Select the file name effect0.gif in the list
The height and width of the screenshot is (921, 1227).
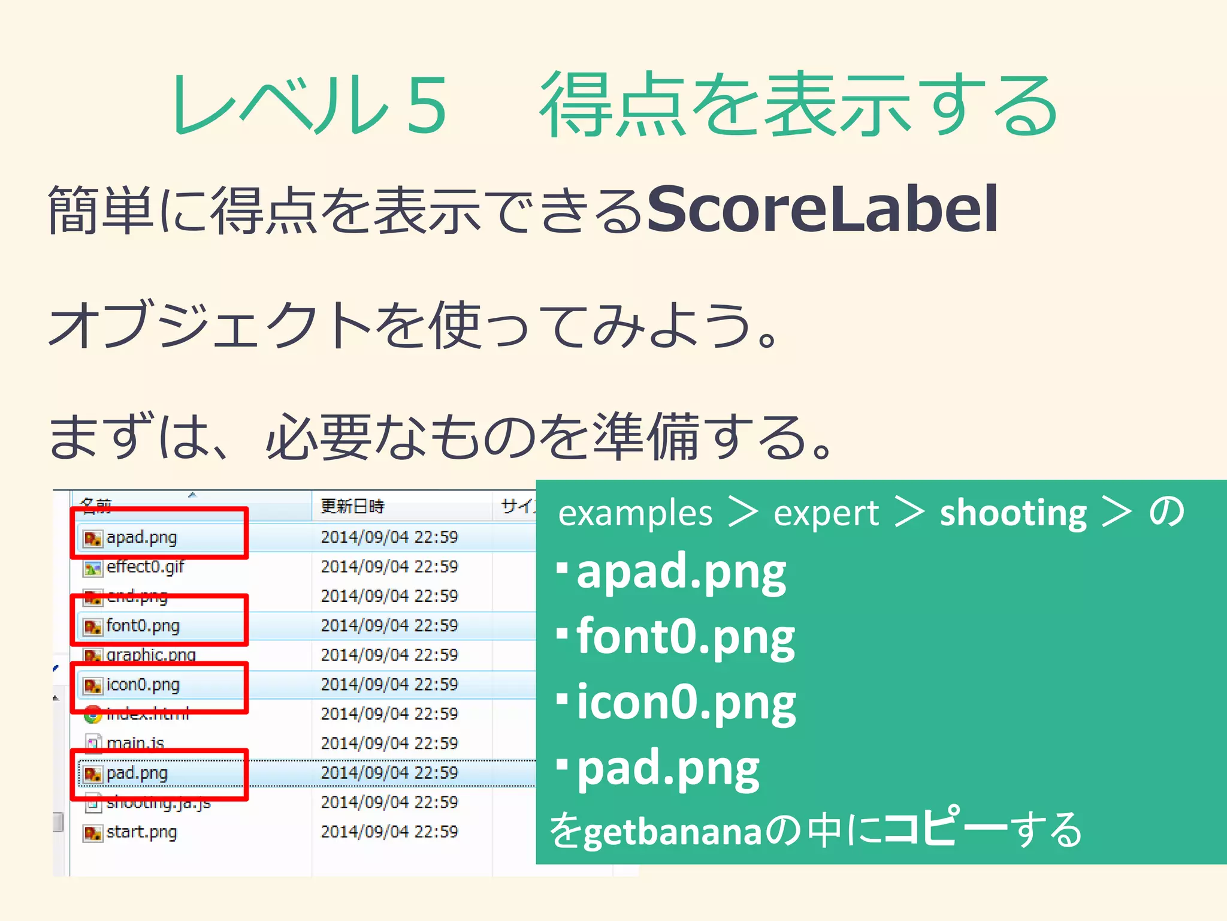(x=145, y=567)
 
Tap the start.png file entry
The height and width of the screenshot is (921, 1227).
(x=141, y=832)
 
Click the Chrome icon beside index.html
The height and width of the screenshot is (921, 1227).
(x=92, y=714)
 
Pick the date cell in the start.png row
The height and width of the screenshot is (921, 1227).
(x=389, y=832)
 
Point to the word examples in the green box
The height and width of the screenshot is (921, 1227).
(x=635, y=514)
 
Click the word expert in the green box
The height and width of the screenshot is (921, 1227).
(x=826, y=514)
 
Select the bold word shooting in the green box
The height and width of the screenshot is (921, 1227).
(x=1013, y=514)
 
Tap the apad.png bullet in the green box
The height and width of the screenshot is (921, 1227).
(x=681, y=572)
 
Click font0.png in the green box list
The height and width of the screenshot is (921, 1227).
(x=685, y=637)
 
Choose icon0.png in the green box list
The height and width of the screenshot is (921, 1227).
(x=686, y=703)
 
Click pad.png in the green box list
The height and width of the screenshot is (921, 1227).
(x=667, y=768)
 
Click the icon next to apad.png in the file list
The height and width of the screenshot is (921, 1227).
(x=92, y=538)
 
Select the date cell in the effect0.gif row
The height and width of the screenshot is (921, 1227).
(x=389, y=567)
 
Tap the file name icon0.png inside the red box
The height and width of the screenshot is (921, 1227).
(x=143, y=685)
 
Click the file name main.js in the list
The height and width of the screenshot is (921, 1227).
(x=135, y=744)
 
